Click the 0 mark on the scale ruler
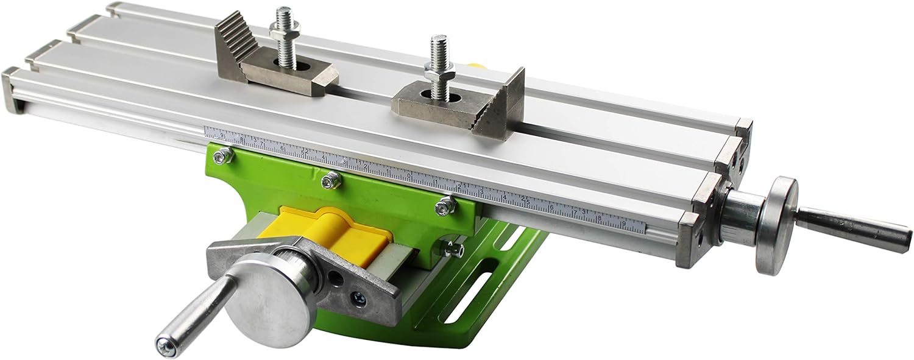pos(409,177)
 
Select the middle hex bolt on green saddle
pos(332,178)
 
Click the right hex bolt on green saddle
pos(445,206)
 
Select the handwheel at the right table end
pos(776,225)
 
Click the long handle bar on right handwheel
pos(853,225)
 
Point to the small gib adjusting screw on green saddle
pos(451,248)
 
